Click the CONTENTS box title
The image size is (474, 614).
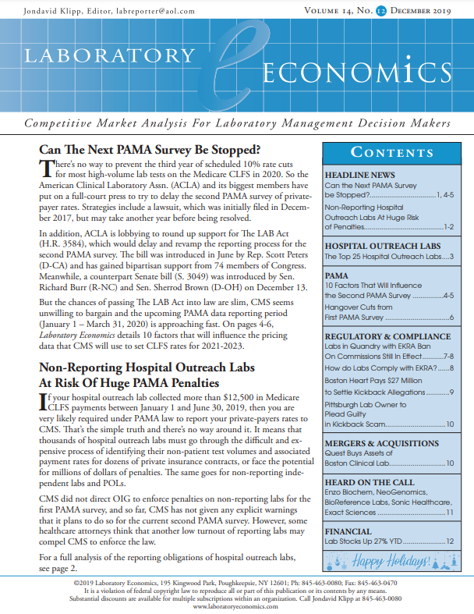pos(387,152)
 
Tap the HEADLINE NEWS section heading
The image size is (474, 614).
pos(359,176)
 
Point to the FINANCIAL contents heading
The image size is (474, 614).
pos(348,531)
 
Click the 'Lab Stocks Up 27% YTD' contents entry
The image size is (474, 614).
pos(363,541)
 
